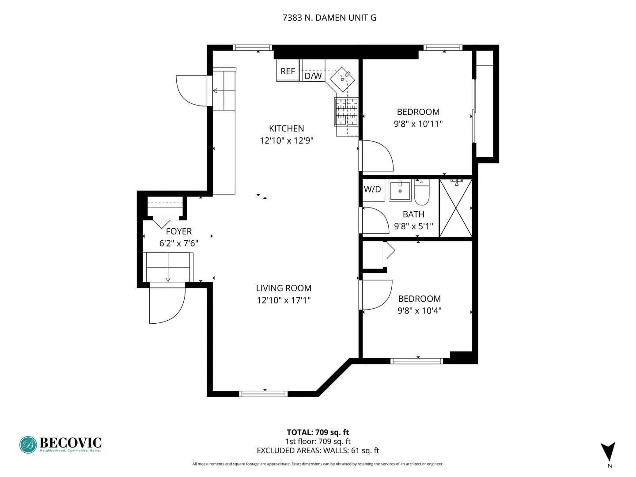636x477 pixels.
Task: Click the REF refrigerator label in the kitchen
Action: pos(288,71)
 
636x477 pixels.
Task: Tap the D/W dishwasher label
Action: pos(313,76)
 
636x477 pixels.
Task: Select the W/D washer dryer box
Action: pos(372,189)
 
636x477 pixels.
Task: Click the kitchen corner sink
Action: pos(343,79)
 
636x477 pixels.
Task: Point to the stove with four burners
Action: pos(346,111)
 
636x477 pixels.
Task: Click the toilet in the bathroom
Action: pos(422,193)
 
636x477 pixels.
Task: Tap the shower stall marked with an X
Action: pos(455,208)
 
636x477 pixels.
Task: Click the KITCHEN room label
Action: pos(287,129)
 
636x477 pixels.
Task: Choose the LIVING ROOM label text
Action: pos(284,288)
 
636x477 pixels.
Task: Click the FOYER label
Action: pos(178,231)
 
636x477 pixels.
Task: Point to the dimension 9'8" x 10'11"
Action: pos(418,124)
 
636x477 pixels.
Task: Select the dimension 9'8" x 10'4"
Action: pos(419,310)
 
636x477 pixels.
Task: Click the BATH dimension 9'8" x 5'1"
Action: pos(413,226)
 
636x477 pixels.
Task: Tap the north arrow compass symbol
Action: pos(608,452)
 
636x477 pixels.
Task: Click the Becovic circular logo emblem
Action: pos(28,445)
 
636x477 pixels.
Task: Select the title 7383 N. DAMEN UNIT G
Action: pos(329,18)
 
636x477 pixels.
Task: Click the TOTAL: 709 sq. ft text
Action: pos(318,432)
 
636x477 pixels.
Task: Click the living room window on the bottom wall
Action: pos(263,393)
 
